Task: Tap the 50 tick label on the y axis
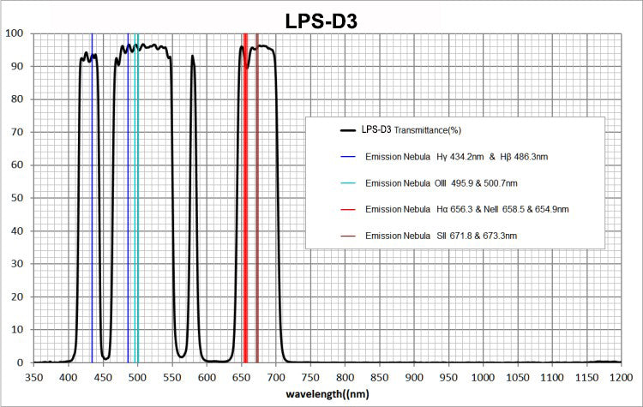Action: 16,198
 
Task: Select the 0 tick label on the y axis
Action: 20,362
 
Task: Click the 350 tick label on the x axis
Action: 33,376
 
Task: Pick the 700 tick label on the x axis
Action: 275,376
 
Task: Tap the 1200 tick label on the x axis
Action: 620,376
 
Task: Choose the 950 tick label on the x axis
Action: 448,376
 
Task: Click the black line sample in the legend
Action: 348,130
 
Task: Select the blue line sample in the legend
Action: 348,157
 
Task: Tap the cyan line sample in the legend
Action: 348,183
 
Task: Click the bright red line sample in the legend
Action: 348,209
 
